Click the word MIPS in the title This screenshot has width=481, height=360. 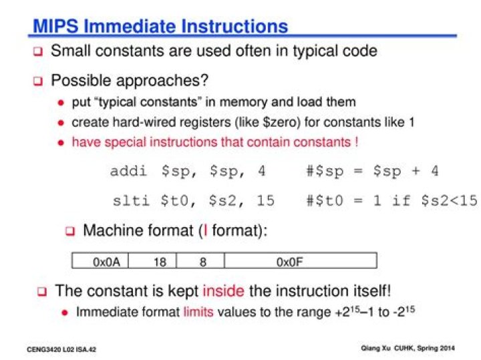pyautogui.click(x=55, y=26)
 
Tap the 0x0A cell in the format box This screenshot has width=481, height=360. pyautogui.click(x=100, y=261)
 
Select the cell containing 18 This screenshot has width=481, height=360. pyautogui.click(x=152, y=261)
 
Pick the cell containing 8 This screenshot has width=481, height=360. pyautogui.click(x=200, y=261)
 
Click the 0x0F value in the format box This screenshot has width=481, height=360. pyautogui.click(x=289, y=262)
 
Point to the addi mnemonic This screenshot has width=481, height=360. pyautogui.click(x=128, y=171)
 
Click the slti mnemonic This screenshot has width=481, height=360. pyautogui.click(x=131, y=201)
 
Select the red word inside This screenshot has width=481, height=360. pyautogui.click(x=224, y=291)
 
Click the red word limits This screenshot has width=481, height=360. pyautogui.click(x=198, y=312)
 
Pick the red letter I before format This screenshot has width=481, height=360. pyautogui.click(x=205, y=230)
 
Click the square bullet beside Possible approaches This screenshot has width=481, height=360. pyautogui.click(x=38, y=81)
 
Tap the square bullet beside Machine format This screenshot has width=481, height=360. pyautogui.click(x=70, y=231)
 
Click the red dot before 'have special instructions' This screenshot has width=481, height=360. pyautogui.click(x=61, y=143)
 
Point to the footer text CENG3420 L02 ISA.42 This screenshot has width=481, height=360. pyautogui.click(x=61, y=349)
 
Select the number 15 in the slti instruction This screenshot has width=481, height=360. pyautogui.click(x=265, y=201)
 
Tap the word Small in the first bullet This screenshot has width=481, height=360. pyautogui.click(x=71, y=51)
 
